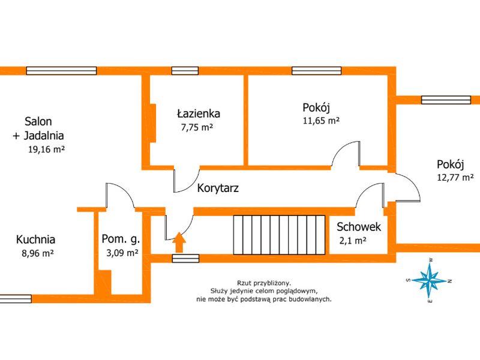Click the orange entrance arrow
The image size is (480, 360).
pos(179,242)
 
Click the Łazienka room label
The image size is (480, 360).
pos(199,113)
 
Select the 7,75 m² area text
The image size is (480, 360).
pos(197,127)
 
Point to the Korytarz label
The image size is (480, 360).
pos(218,188)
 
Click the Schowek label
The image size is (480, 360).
pos(359,227)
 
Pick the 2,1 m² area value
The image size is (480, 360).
pos(353,241)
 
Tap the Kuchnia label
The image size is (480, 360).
pos(35,239)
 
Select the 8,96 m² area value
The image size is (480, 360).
pos(38,253)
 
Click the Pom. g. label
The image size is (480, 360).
pos(121,239)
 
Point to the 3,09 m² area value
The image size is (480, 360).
pos(122,253)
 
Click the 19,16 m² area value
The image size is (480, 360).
pos(46,149)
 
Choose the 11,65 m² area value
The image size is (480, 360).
pos(321,121)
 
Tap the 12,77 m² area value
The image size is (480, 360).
pos(455,177)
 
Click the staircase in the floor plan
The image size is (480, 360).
pos(279,235)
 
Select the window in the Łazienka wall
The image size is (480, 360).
pos(185,71)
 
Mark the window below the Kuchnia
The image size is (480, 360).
pos(16,299)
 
